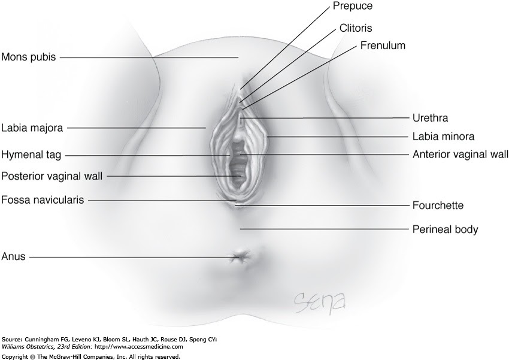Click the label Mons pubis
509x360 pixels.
[x=28, y=58]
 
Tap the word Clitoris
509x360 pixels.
[x=357, y=28]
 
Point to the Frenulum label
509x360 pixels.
[x=383, y=46]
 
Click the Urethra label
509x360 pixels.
[x=430, y=118]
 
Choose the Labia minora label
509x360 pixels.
[x=443, y=136]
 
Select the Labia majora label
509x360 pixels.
[x=32, y=128]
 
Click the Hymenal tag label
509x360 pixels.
[x=31, y=155]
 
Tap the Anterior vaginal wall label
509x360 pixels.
[x=460, y=154]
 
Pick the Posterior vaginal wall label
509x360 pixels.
[x=51, y=176]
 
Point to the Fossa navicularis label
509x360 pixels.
[x=42, y=199]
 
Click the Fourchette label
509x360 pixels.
[x=438, y=205]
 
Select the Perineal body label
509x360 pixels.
[x=445, y=229]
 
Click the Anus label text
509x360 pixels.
[x=13, y=258]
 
